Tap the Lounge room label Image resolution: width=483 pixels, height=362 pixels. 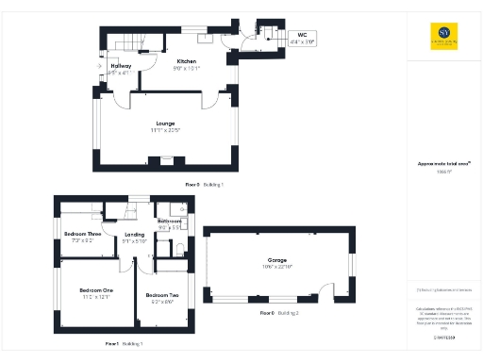[x=166, y=123]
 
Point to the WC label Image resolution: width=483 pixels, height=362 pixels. [x=302, y=36]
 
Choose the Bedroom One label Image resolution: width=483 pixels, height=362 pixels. [x=95, y=289]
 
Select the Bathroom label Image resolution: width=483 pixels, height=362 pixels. [x=170, y=221]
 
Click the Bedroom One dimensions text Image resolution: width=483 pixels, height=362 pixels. [x=95, y=296]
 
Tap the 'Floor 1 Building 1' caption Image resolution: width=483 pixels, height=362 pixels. [x=125, y=345]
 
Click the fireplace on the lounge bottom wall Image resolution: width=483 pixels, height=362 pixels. [x=166, y=158]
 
